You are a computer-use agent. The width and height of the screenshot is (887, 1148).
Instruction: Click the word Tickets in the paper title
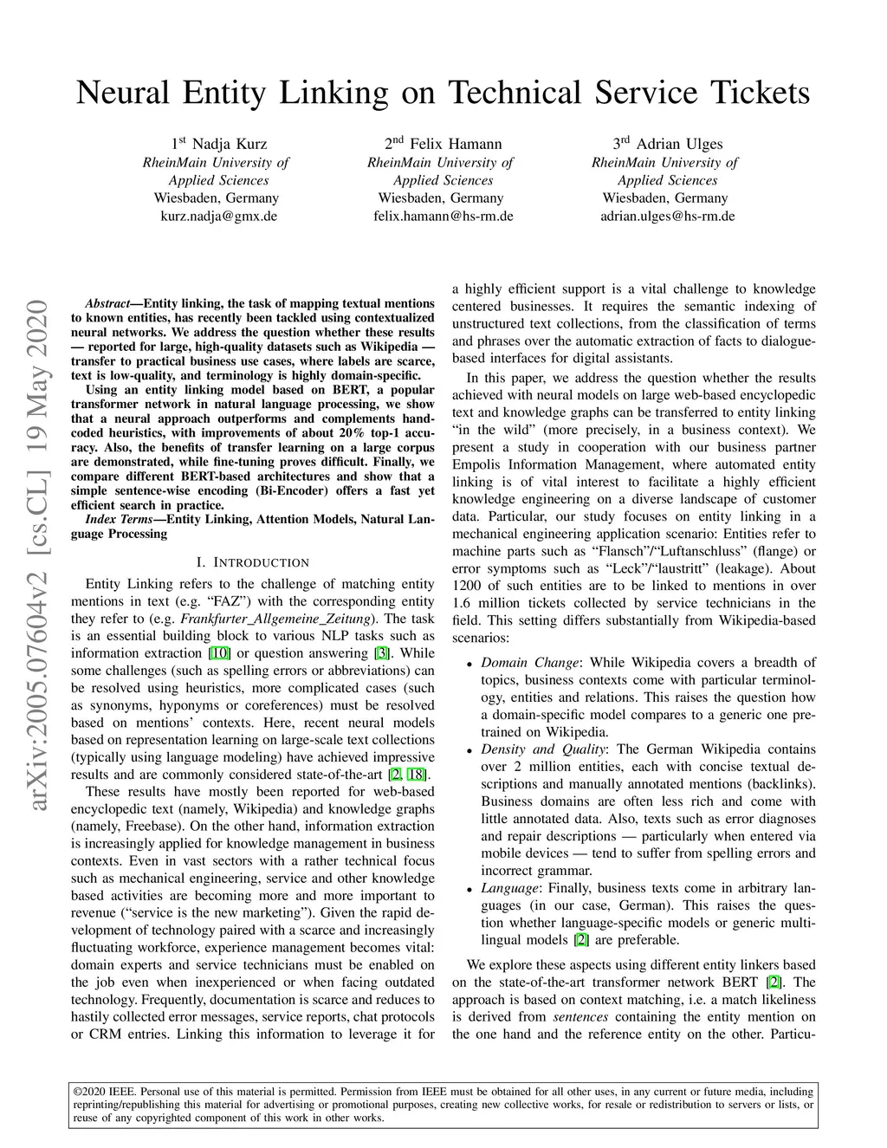click(760, 93)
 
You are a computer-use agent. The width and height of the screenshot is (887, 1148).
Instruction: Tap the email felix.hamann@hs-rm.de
click(443, 216)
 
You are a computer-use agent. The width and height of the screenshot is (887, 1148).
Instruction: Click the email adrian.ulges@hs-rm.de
click(667, 216)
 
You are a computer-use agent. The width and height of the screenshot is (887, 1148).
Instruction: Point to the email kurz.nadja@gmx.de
click(219, 216)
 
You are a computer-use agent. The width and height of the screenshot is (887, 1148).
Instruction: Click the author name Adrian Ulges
click(679, 144)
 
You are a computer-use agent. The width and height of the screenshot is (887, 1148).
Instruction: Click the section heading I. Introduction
click(253, 563)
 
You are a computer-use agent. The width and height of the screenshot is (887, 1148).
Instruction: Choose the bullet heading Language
click(509, 888)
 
